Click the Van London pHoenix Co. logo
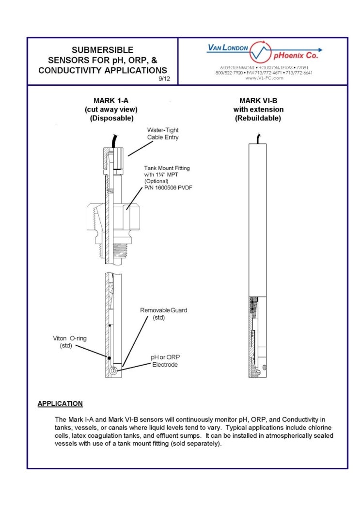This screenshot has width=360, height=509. [264, 51]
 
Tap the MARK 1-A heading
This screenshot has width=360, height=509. [109, 101]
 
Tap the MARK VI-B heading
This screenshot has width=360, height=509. [258, 101]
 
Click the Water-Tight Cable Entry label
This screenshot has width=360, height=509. [163, 134]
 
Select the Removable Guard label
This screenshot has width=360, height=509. [163, 310]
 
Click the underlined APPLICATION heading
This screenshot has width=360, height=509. [60, 403]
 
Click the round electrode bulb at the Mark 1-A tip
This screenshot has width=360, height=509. [113, 370]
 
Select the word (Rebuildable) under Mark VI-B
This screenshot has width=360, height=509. [258, 118]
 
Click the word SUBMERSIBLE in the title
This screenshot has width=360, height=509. [102, 50]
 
